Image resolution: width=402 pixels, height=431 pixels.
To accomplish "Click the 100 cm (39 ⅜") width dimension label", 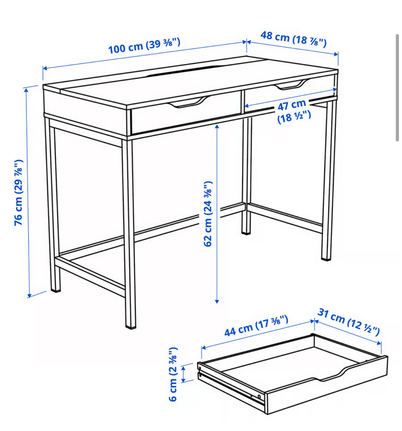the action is [144, 46].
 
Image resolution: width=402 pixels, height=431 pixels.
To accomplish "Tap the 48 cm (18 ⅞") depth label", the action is [293, 39].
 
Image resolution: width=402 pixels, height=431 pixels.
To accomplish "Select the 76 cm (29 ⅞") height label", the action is [19, 193].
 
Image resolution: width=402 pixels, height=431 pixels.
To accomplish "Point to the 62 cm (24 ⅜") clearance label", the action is [208, 214].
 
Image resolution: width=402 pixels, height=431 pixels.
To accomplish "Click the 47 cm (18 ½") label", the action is [293, 111].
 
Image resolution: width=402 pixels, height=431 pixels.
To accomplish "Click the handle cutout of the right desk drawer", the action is [291, 85].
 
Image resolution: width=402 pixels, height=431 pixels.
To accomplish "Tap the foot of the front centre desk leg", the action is [131, 326].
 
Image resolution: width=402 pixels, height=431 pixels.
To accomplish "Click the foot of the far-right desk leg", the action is [326, 258].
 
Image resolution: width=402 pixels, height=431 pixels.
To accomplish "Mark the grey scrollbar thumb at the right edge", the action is [397, 88].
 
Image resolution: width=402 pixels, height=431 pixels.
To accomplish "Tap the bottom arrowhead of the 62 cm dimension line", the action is [216, 301].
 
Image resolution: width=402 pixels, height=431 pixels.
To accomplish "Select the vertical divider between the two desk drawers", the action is [242, 102].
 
